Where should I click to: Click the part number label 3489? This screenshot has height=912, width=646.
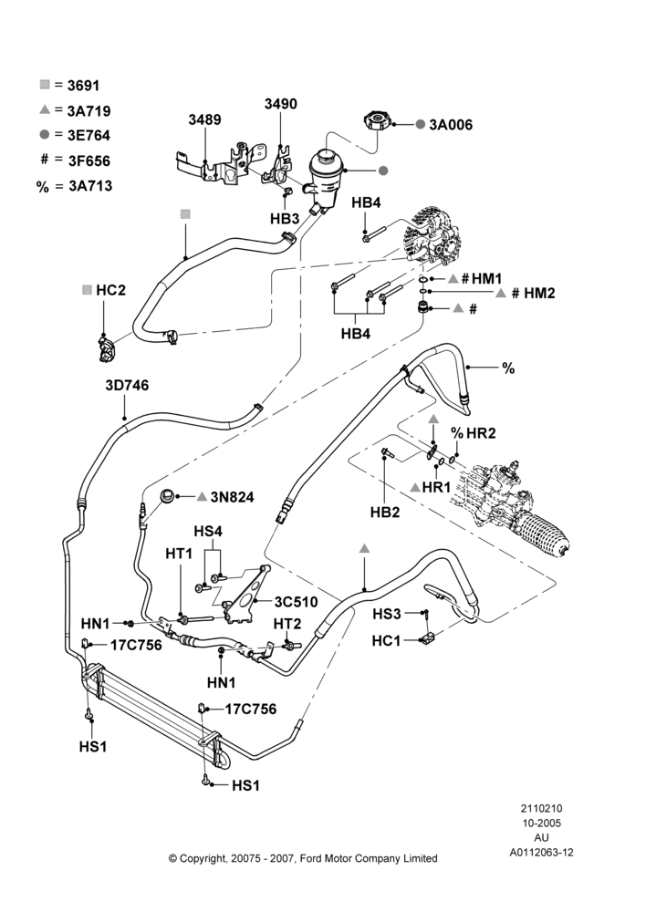204,119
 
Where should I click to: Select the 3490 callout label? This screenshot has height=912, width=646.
280,104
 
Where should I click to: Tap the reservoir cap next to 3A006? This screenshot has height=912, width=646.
377,121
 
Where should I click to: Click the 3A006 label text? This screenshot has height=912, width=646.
451,124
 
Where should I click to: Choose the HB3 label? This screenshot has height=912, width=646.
285,219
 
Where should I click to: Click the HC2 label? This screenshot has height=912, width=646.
110,290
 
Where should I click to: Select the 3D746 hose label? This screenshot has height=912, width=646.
127,385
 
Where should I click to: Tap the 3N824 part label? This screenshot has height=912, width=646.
232,497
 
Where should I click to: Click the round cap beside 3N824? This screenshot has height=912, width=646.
167,497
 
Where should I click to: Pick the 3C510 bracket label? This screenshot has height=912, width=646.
297,601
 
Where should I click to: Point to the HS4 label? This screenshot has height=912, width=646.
208,532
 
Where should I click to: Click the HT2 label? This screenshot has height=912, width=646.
287,624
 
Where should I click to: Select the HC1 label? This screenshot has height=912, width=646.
387,641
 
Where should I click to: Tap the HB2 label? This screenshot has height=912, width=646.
385,512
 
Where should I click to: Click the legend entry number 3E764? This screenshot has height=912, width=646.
89,135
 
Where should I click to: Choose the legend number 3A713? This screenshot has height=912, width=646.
90,186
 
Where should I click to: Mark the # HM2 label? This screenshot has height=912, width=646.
533,293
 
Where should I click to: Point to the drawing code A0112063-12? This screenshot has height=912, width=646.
542,853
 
